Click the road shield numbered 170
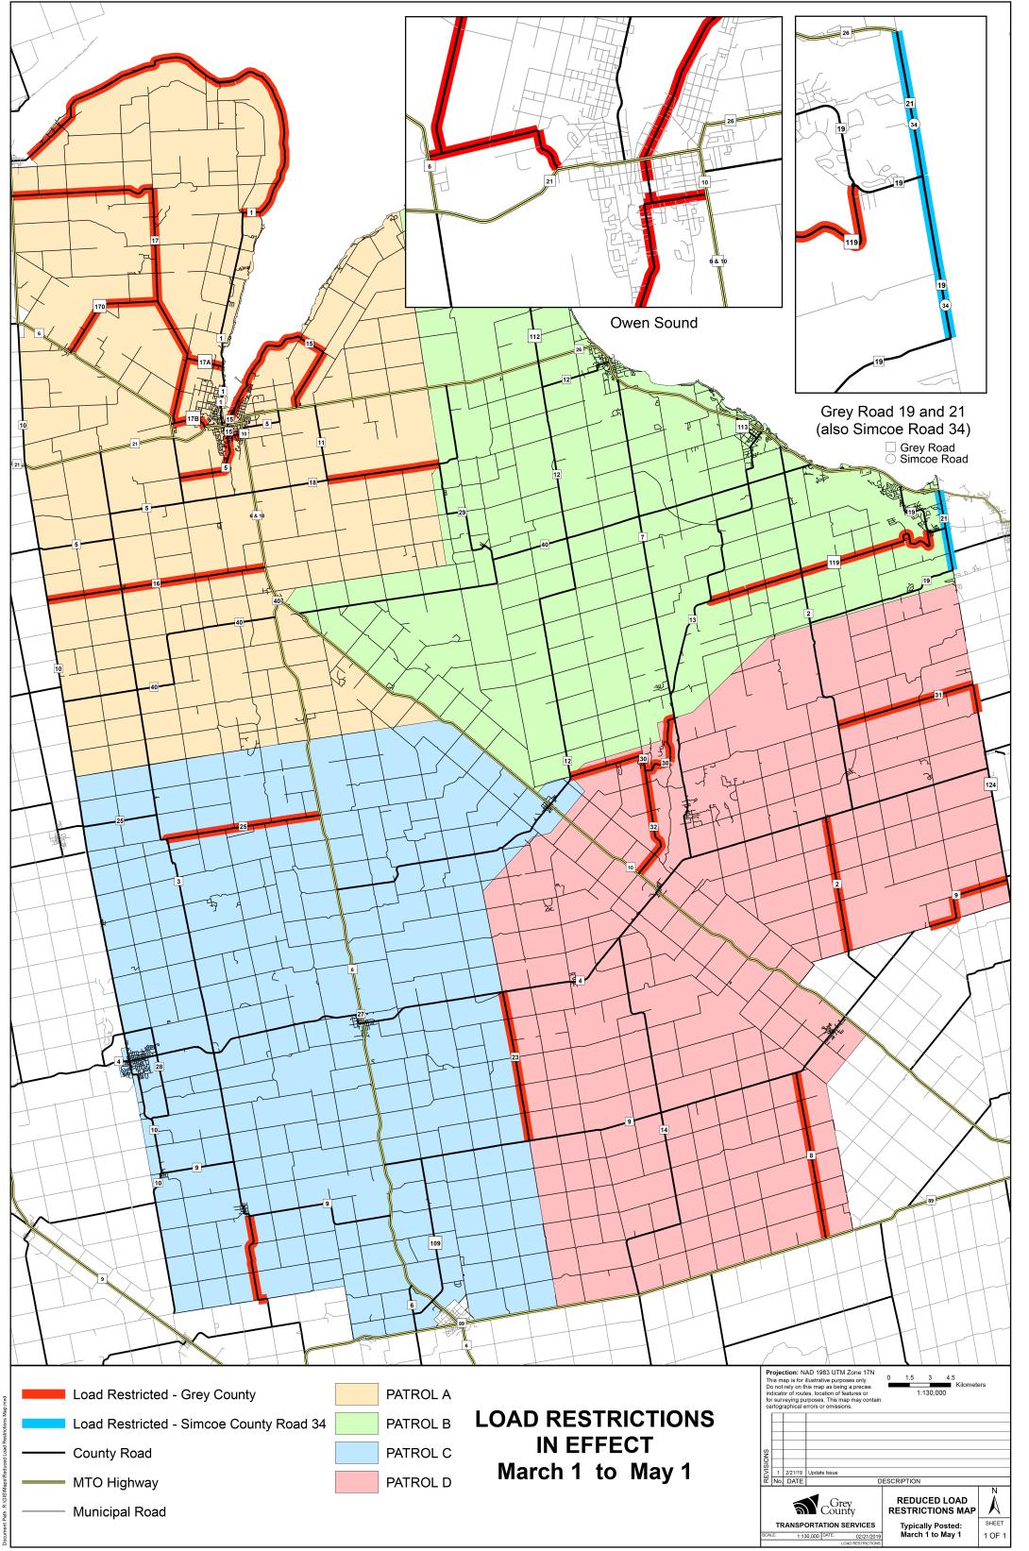pyautogui.click(x=99, y=307)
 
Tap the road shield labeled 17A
pyautogui.click(x=205, y=362)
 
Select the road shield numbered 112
pyautogui.click(x=534, y=337)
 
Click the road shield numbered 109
pyautogui.click(x=434, y=1244)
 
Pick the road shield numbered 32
pyautogui.click(x=653, y=827)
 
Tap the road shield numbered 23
pyautogui.click(x=515, y=1057)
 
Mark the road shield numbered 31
pyautogui.click(x=938, y=695)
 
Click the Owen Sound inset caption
pyautogui.click(x=653, y=323)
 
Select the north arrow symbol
pyautogui.click(x=994, y=1500)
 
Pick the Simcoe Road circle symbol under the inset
pyautogui.click(x=890, y=459)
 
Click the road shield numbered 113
pyautogui.click(x=742, y=428)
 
